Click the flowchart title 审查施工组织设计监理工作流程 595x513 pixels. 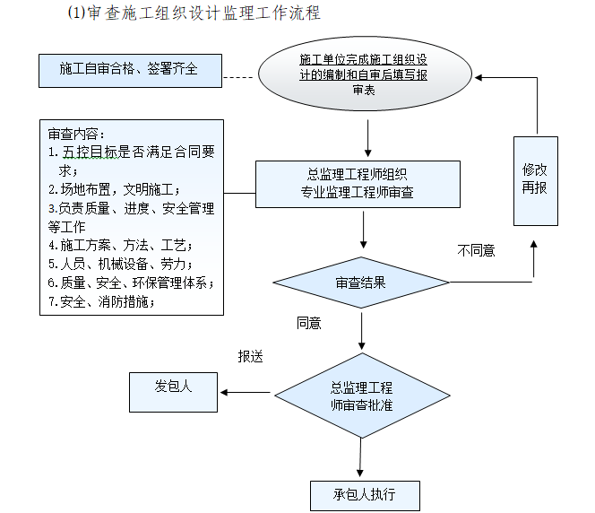tap(194, 13)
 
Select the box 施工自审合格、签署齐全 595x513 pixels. tap(129, 70)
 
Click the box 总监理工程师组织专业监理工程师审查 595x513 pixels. tap(357, 184)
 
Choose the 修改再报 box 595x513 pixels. tap(535, 180)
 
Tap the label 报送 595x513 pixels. tap(250, 357)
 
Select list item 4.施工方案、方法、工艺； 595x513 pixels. tap(120, 245)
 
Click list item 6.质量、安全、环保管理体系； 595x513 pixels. tap(131, 283)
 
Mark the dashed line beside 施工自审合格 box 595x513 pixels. tap(239, 78)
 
